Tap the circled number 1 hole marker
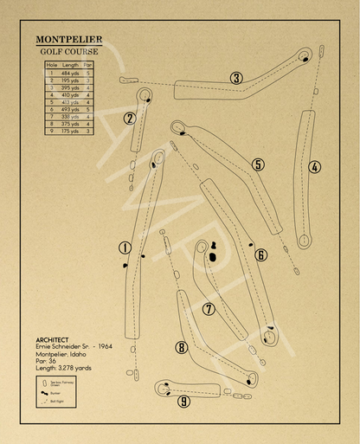click(125, 248)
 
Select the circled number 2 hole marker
click(130, 119)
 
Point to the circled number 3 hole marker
click(235, 78)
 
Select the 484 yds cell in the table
click(70, 73)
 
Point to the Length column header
click(70, 65)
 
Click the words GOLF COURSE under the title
click(68, 51)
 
